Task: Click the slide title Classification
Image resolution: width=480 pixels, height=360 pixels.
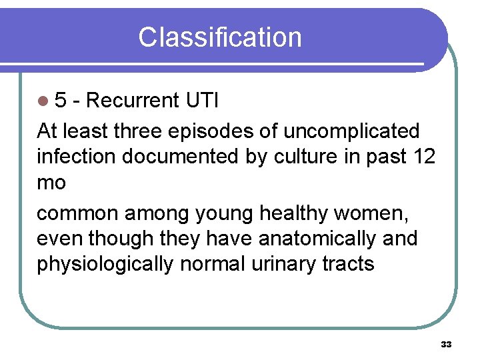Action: [x=219, y=37]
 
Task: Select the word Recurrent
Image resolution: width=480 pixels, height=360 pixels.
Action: [x=133, y=101]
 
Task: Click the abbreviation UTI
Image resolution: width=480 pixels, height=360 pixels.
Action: [x=202, y=101]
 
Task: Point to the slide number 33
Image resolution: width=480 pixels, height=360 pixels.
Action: [x=446, y=344]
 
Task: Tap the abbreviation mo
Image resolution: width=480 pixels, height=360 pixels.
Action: [x=51, y=183]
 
